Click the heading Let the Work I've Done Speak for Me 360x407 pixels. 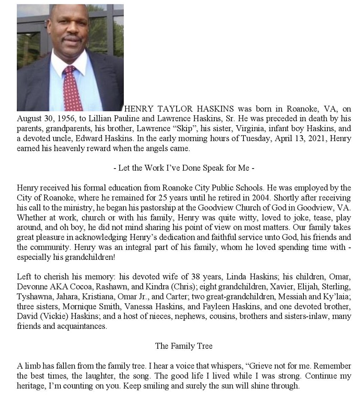pyautogui.click(x=184, y=168)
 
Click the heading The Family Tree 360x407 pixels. pyautogui.click(x=184, y=345)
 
